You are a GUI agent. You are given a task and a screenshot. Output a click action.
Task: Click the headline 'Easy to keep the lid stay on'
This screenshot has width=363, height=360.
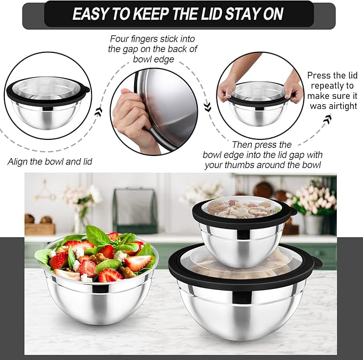(x=177, y=14)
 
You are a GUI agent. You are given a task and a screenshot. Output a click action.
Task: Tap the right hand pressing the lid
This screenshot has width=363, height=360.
(x=293, y=85)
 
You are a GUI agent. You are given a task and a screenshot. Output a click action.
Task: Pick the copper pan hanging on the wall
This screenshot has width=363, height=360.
(x=263, y=189)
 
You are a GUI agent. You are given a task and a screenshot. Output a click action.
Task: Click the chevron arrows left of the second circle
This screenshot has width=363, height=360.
(x=98, y=112)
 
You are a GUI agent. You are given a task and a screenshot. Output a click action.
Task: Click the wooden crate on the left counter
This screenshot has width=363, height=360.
(x=40, y=229)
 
